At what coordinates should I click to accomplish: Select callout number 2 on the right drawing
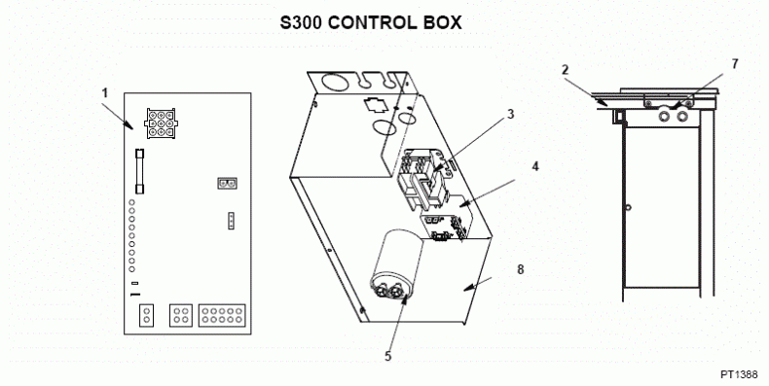tap(564, 68)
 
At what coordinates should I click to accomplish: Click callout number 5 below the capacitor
tap(387, 356)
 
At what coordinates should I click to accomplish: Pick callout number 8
tap(521, 268)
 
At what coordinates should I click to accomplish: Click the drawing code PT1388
tap(740, 373)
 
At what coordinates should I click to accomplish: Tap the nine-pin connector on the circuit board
tap(157, 121)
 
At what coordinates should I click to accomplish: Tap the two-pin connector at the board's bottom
tap(146, 314)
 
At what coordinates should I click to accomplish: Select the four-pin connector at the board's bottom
tap(180, 314)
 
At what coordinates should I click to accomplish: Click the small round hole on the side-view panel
tap(629, 206)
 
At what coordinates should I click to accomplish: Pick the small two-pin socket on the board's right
tap(226, 182)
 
